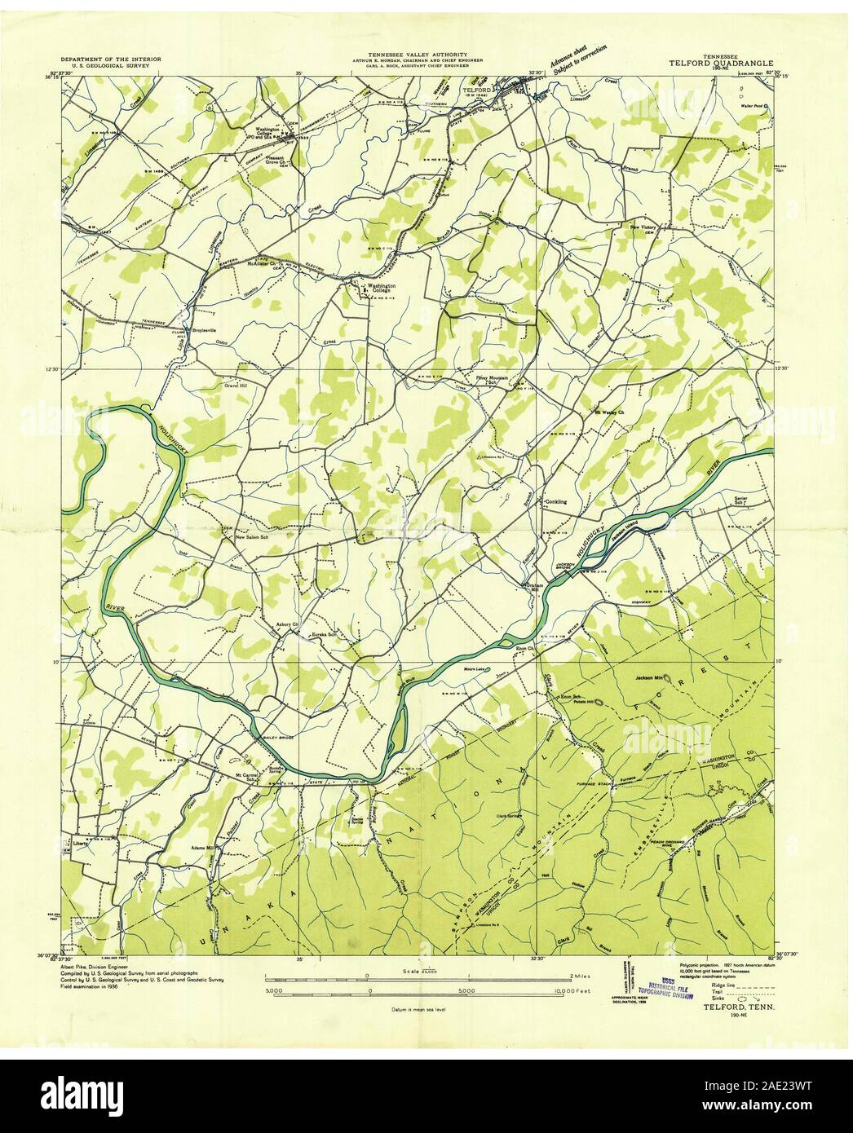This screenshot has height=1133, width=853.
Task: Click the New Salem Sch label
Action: (252, 537)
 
